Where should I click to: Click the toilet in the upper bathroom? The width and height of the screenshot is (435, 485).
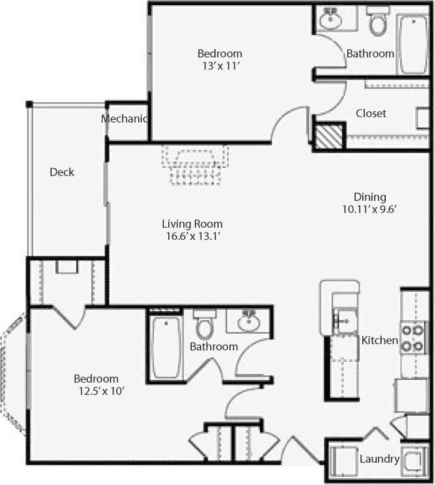click(x=378, y=22)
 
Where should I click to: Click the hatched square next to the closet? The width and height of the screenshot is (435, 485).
click(x=329, y=137)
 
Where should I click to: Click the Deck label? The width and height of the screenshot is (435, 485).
click(x=62, y=172)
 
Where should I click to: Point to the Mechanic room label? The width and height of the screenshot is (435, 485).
click(x=124, y=119)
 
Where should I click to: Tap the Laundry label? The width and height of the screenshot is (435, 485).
click(x=379, y=460)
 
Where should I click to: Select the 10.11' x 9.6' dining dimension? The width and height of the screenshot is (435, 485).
click(x=370, y=209)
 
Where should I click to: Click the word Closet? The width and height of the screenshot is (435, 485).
click(x=371, y=114)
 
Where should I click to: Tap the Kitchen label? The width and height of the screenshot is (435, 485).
click(x=379, y=341)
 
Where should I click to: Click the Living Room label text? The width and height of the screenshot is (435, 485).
click(x=192, y=224)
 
